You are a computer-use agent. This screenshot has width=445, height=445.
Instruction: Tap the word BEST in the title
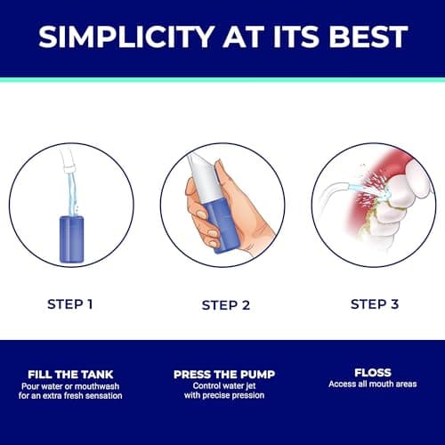click(x=368, y=36)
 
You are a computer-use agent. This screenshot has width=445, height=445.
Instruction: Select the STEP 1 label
click(x=70, y=304)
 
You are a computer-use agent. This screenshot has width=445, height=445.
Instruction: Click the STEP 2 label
click(x=226, y=305)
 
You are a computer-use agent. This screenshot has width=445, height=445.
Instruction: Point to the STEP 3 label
click(x=375, y=304)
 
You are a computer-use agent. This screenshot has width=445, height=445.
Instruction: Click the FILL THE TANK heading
click(x=70, y=375)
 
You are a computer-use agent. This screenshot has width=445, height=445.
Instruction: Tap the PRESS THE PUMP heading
click(x=224, y=375)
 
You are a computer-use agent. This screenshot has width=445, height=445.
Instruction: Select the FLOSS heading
click(x=373, y=373)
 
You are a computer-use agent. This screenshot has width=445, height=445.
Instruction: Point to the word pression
click(x=248, y=395)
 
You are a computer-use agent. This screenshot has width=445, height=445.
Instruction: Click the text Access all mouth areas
click(x=373, y=384)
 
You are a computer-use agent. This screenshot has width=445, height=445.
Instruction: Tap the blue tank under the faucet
click(x=71, y=239)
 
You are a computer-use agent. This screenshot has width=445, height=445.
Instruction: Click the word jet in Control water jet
click(x=251, y=386)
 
